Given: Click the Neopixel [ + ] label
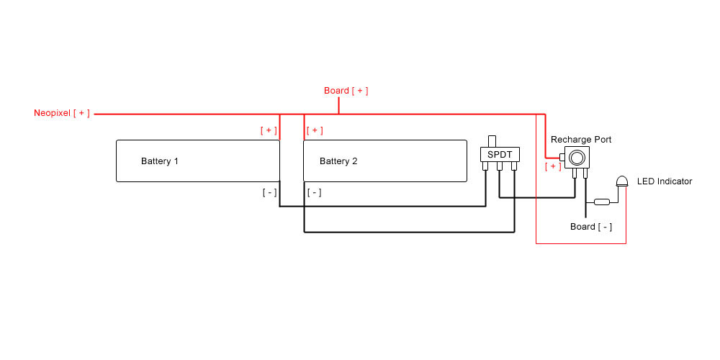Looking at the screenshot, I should click(x=62, y=114).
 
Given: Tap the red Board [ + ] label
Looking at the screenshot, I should click(x=346, y=91).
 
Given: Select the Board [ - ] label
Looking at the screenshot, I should click(x=591, y=227).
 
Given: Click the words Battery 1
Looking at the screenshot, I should click(x=160, y=161).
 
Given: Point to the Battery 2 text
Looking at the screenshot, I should click(x=338, y=161).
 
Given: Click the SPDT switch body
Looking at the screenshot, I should click(x=500, y=155).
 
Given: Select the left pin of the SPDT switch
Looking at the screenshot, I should click(x=486, y=167).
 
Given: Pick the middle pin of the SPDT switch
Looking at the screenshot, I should click(x=500, y=167).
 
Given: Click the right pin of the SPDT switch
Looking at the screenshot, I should click(x=513, y=167).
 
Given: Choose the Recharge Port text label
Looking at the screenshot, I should click(x=581, y=139).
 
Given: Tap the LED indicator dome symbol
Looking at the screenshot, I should click(x=623, y=181).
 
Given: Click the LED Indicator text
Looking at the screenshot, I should click(x=665, y=181).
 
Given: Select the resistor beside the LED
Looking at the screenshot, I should click(x=602, y=202).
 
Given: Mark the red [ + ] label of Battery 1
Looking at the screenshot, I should click(x=269, y=130).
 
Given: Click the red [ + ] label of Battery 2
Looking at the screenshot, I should click(x=315, y=130).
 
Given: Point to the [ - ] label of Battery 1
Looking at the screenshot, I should click(x=269, y=192).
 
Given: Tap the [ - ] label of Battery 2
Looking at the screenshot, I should click(x=315, y=192).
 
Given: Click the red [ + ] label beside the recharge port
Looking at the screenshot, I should click(x=553, y=166).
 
